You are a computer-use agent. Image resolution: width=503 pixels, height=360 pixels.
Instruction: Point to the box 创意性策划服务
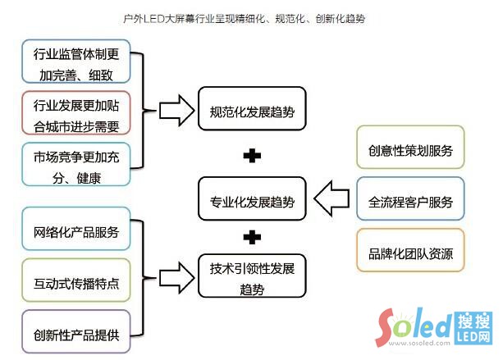click(x=410, y=151)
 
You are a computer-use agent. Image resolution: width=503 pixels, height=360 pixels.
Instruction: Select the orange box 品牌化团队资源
click(x=410, y=251)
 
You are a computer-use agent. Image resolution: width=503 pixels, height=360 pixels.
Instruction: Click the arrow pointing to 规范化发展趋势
click(x=175, y=110)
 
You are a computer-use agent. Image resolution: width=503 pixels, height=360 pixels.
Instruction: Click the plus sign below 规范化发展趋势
click(x=253, y=154)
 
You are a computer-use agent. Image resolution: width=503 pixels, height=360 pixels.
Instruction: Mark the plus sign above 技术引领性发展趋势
click(x=253, y=238)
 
